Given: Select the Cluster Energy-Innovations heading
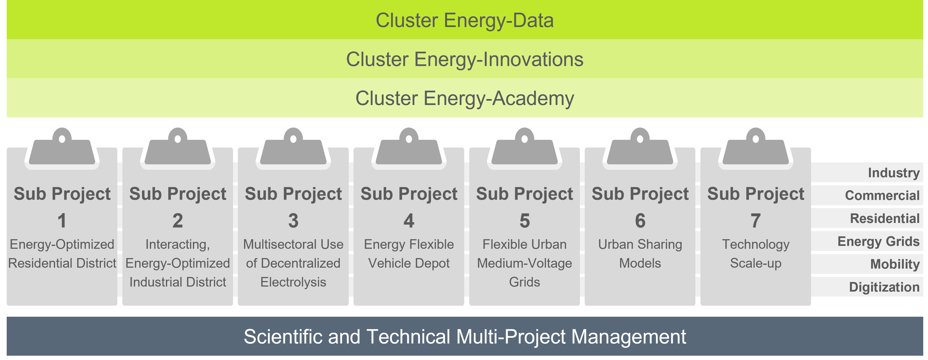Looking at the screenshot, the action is pyautogui.click(x=464, y=60).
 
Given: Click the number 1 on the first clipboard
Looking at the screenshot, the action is pyautogui.click(x=62, y=221).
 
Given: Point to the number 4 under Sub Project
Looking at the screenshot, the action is pyautogui.click(x=409, y=221).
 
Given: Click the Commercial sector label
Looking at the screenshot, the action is pyautogui.click(x=882, y=196).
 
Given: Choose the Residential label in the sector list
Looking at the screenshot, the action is pyautogui.click(x=885, y=219).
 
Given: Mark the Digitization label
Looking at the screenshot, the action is pyautogui.click(x=884, y=287).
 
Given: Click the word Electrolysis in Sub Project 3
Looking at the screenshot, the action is pyautogui.click(x=293, y=282).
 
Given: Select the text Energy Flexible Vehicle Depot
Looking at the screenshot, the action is pyautogui.click(x=409, y=254).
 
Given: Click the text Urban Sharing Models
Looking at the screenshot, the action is pyautogui.click(x=640, y=254).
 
